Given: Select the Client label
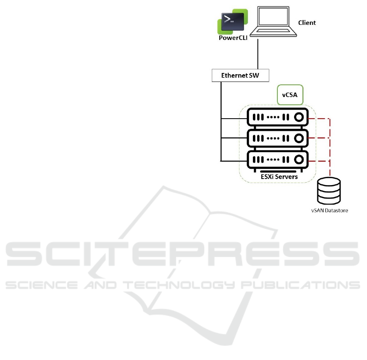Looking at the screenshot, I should [306, 23].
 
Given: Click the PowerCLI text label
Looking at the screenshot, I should [232, 38].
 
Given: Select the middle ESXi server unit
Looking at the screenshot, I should [277, 138].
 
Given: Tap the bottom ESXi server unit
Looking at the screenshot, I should [277, 159].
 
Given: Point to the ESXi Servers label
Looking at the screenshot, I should [279, 177].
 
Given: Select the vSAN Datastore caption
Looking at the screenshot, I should [330, 211].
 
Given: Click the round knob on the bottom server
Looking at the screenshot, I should [299, 159].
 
